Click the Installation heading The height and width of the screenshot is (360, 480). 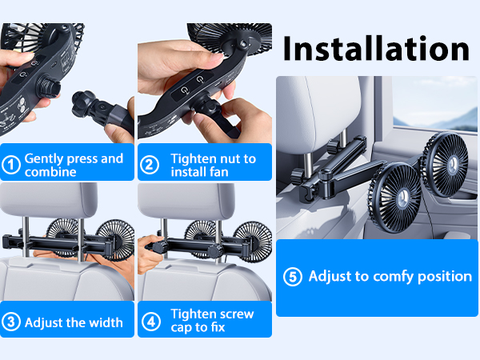click(376, 49)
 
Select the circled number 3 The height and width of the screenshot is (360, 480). click(11, 322)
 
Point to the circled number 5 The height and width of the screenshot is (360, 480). click(294, 276)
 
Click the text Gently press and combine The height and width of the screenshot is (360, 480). click(74, 165)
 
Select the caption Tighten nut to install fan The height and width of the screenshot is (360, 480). click(213, 165)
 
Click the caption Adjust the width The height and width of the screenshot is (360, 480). click(74, 322)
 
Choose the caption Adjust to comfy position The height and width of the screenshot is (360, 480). click(390, 276)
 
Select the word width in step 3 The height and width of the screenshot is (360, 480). click(106, 322)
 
